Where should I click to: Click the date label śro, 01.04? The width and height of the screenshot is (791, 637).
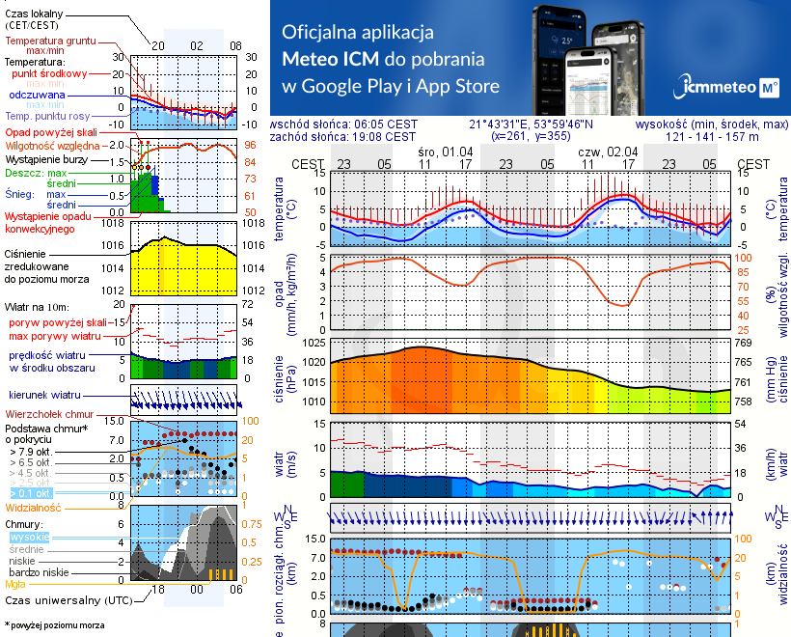click(x=446, y=152)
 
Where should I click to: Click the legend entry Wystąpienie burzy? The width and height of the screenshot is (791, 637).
click(x=44, y=156)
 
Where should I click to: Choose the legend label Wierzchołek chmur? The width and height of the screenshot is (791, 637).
click(x=43, y=413)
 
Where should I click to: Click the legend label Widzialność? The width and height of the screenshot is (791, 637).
click(x=33, y=506)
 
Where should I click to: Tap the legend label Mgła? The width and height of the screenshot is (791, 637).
click(x=15, y=583)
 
